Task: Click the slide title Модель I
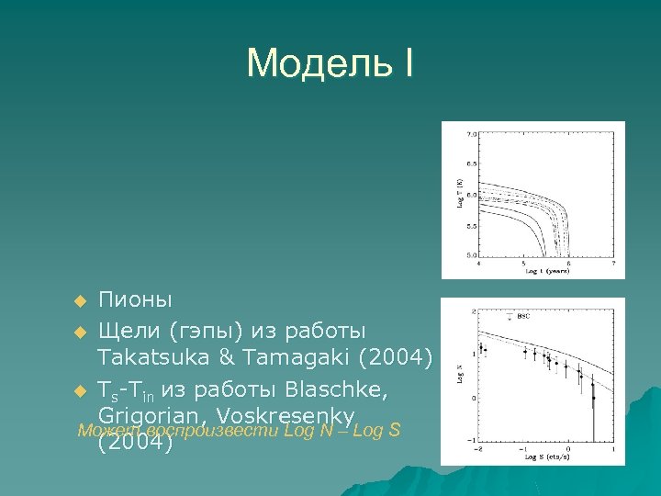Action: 330,63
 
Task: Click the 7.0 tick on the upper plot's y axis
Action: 472,134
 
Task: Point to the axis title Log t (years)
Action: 544,272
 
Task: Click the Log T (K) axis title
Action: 459,194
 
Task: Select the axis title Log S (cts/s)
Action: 542,458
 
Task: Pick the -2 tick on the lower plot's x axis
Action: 478,450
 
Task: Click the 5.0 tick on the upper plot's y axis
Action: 472,254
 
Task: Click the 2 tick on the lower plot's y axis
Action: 473,312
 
